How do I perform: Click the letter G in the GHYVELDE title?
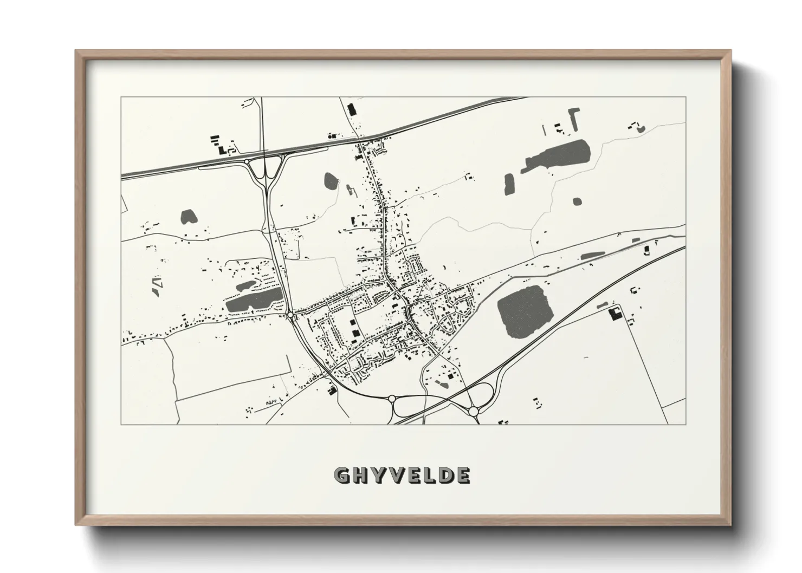pyautogui.click(x=342, y=476)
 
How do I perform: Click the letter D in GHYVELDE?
pyautogui.click(x=446, y=476)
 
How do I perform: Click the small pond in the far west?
pyautogui.click(x=189, y=217)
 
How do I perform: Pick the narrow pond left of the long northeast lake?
pyautogui.click(x=509, y=184)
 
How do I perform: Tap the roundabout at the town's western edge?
pyautogui.click(x=290, y=314)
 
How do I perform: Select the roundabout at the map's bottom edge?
pyautogui.click(x=473, y=412)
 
